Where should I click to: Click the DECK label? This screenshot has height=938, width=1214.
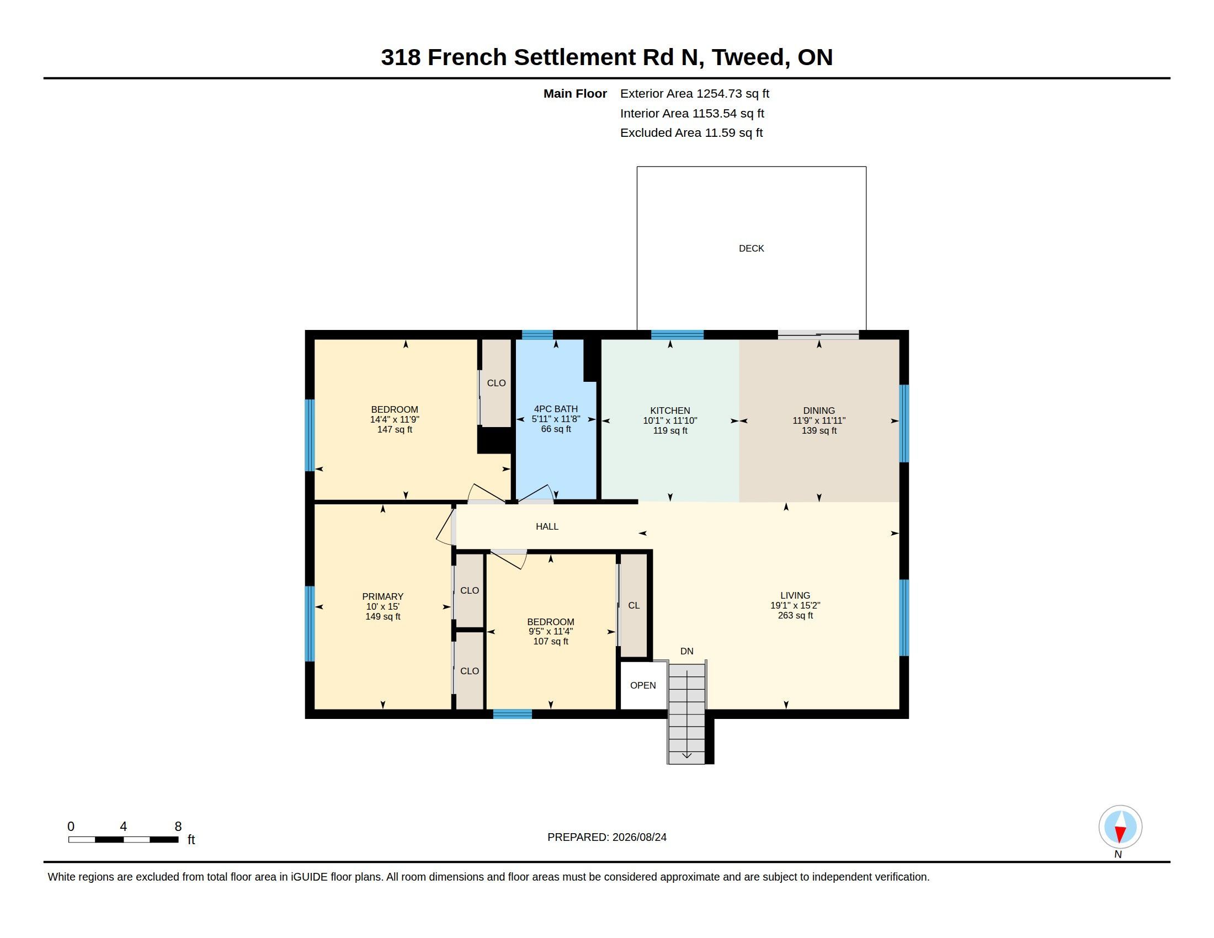pyautogui.click(x=751, y=248)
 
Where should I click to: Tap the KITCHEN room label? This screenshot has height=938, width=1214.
pyautogui.click(x=670, y=411)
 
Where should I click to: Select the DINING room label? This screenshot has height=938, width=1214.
pyautogui.click(x=819, y=411)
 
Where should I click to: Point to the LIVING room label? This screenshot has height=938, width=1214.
pyautogui.click(x=795, y=595)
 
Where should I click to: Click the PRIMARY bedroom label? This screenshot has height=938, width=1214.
pyautogui.click(x=382, y=596)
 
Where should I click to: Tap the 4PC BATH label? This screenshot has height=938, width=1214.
pyautogui.click(x=555, y=409)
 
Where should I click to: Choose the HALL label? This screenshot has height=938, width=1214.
pyautogui.click(x=547, y=526)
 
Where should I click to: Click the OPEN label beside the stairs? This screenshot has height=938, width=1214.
pyautogui.click(x=642, y=685)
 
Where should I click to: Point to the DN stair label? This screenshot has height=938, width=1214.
pyautogui.click(x=686, y=651)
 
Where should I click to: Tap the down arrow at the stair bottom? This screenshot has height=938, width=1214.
pyautogui.click(x=686, y=755)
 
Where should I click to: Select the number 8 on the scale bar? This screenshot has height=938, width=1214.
pyautogui.click(x=178, y=827)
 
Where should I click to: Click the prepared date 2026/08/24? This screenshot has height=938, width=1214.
pyautogui.click(x=639, y=837)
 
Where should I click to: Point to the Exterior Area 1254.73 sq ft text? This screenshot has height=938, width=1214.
pyautogui.click(x=694, y=93)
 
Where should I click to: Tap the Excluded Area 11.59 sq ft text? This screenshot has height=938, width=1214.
pyautogui.click(x=691, y=133)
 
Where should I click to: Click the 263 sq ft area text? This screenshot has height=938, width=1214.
pyautogui.click(x=795, y=615)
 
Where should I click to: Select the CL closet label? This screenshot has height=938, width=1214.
pyautogui.click(x=633, y=605)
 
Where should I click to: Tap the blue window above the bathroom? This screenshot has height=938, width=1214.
pyautogui.click(x=537, y=334)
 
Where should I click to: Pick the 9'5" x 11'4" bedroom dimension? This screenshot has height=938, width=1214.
pyautogui.click(x=550, y=631)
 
